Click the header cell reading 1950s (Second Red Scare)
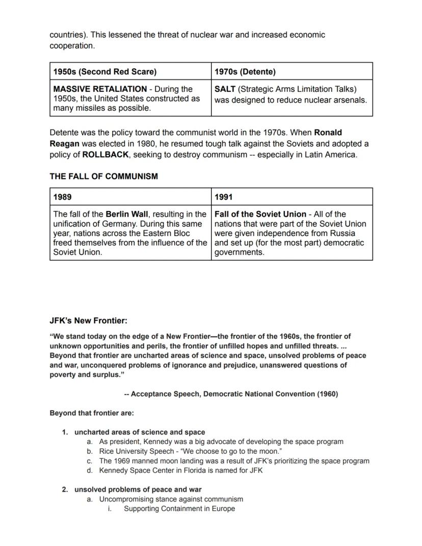click(104, 72)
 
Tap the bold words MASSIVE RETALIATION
click(100, 89)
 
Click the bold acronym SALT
click(225, 89)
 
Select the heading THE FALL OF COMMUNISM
click(103, 176)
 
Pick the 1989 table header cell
click(63, 197)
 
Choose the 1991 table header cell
click(224, 197)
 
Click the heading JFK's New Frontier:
click(88, 321)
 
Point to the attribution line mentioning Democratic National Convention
click(231, 394)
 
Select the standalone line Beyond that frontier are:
click(92, 413)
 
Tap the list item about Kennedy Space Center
click(180, 471)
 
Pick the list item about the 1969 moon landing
click(234, 461)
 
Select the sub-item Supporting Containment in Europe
click(179, 509)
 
